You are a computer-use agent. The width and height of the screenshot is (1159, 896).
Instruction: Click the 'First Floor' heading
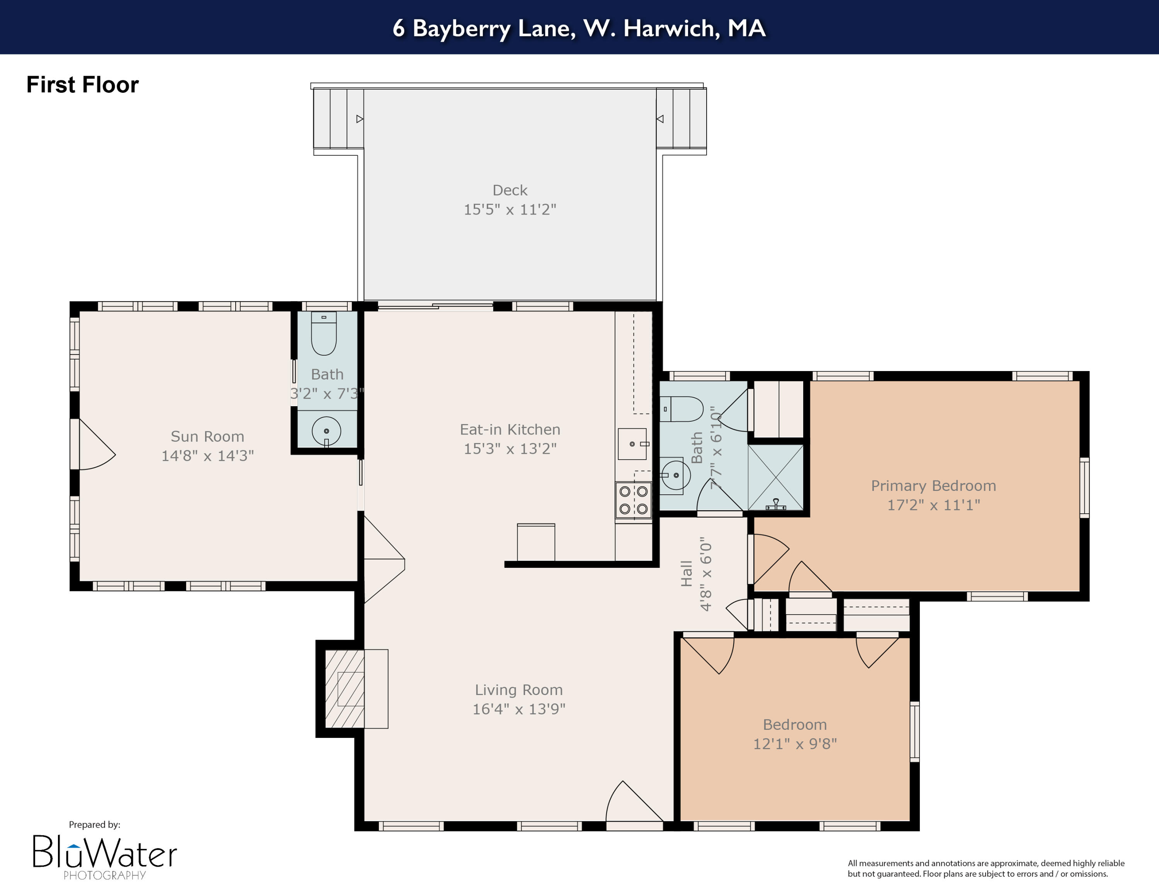(x=82, y=85)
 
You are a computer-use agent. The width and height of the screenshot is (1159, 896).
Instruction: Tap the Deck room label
(x=510, y=190)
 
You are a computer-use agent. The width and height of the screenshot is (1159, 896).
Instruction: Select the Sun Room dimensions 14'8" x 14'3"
(x=207, y=455)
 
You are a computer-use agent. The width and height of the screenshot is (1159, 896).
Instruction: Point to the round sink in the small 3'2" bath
(x=326, y=431)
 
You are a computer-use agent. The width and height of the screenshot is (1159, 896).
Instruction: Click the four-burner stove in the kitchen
(x=633, y=499)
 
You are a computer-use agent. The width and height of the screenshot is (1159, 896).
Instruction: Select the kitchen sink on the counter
(x=632, y=444)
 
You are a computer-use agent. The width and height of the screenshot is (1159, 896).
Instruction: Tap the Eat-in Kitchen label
(x=510, y=429)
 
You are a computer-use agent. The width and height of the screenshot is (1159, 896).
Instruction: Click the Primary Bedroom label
(x=933, y=485)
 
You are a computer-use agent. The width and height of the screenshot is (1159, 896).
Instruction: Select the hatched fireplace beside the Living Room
(x=344, y=688)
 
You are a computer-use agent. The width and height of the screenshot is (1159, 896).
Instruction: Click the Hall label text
(x=687, y=573)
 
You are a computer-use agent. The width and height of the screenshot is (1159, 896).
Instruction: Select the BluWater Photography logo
(x=105, y=855)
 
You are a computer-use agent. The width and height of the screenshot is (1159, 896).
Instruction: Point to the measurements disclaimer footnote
(x=986, y=869)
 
